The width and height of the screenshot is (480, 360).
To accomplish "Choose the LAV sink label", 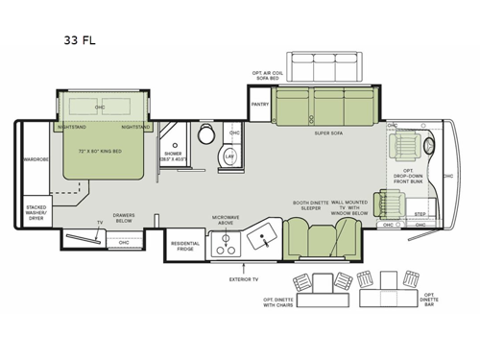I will coord(228,155).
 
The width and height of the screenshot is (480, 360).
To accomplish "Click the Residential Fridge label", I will coord(186,245).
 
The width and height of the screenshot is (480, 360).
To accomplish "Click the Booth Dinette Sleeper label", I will coord(309,205).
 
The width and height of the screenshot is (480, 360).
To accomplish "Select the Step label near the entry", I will coord(419,214).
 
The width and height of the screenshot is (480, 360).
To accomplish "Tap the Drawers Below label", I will coord(123,218).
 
